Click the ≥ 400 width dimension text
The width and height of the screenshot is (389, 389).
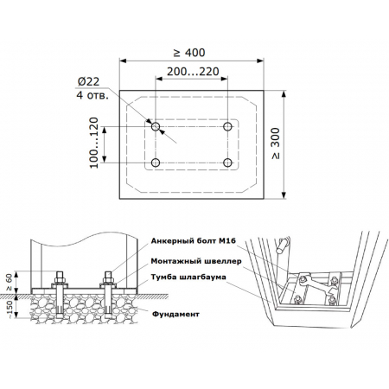click(x=189, y=53)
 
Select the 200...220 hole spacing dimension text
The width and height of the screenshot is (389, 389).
click(x=193, y=72)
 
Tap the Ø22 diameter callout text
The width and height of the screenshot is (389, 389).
click(x=88, y=82)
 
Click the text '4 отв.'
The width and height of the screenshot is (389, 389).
click(x=92, y=95)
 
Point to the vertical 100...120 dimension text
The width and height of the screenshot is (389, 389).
click(x=94, y=143)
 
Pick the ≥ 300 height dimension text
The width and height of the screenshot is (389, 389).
click(x=276, y=143)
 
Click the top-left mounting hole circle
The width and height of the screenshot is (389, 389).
click(x=156, y=126)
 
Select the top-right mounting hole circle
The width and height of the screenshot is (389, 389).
click(x=227, y=126)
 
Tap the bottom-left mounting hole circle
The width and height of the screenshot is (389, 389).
click(x=156, y=163)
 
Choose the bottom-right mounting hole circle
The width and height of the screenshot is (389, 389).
click(x=227, y=163)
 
